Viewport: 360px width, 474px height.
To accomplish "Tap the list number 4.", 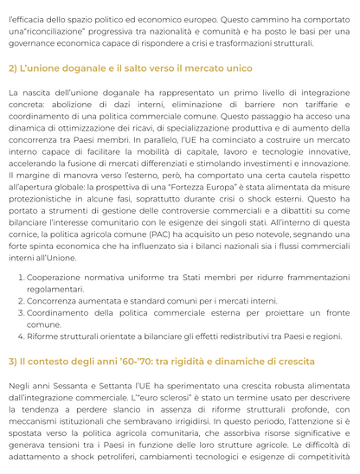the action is coord(19,336).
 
